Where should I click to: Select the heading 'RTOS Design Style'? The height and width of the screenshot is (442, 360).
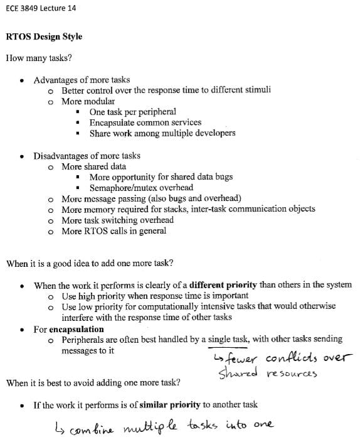pos(44,36)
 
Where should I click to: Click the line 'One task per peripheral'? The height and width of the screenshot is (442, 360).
pos(132,112)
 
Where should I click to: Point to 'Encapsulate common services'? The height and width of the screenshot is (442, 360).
pos(145,122)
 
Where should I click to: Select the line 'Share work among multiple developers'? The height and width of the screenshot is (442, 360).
pos(162,133)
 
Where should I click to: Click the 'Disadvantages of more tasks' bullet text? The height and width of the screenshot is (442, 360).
pos(87,156)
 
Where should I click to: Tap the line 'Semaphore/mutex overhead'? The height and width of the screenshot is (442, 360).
pos(141,188)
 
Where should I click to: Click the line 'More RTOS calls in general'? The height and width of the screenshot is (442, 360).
pos(114,231)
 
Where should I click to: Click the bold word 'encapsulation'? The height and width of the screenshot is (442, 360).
pos(77,328)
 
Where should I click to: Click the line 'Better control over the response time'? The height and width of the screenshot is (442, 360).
pos(166,90)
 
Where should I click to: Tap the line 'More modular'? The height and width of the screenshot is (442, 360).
pos(88,101)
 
